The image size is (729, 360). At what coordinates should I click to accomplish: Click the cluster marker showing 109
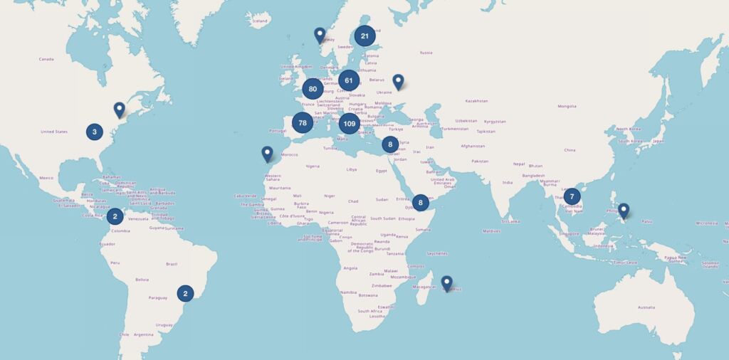[x=349, y=124]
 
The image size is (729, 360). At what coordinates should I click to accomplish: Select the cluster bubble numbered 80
[x=313, y=89]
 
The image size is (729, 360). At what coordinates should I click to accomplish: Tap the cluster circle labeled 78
[x=303, y=123]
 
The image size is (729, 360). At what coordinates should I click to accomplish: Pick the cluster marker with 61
[x=349, y=80]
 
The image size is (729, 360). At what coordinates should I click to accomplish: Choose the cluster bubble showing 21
[x=365, y=36]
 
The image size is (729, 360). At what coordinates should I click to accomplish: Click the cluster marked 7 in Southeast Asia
[x=572, y=196]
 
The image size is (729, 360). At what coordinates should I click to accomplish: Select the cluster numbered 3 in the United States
[x=94, y=132]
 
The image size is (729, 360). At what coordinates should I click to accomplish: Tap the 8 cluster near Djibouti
[x=421, y=203]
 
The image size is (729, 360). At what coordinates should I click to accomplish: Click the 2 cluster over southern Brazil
[x=185, y=292]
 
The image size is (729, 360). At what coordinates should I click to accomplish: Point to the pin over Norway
[x=320, y=34]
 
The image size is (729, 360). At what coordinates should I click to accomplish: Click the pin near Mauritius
[x=446, y=283]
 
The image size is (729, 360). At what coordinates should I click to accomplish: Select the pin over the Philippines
[x=624, y=211]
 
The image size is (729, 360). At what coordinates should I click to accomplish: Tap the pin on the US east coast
[x=119, y=110]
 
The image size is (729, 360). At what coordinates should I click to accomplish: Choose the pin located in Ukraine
[x=398, y=82]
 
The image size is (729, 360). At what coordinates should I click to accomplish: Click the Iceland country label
[x=260, y=21]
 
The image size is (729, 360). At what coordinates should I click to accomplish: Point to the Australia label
[x=646, y=307]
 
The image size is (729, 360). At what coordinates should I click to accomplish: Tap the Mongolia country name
[x=567, y=106]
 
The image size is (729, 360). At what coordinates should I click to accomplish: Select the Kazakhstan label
[x=476, y=101]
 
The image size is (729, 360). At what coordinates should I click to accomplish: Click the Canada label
[x=46, y=59]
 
